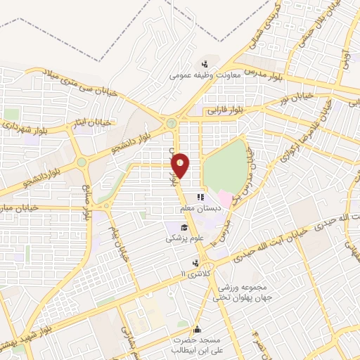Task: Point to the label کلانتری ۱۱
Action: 195,273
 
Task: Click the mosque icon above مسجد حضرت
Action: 198,328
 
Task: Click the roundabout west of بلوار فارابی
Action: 171,123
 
